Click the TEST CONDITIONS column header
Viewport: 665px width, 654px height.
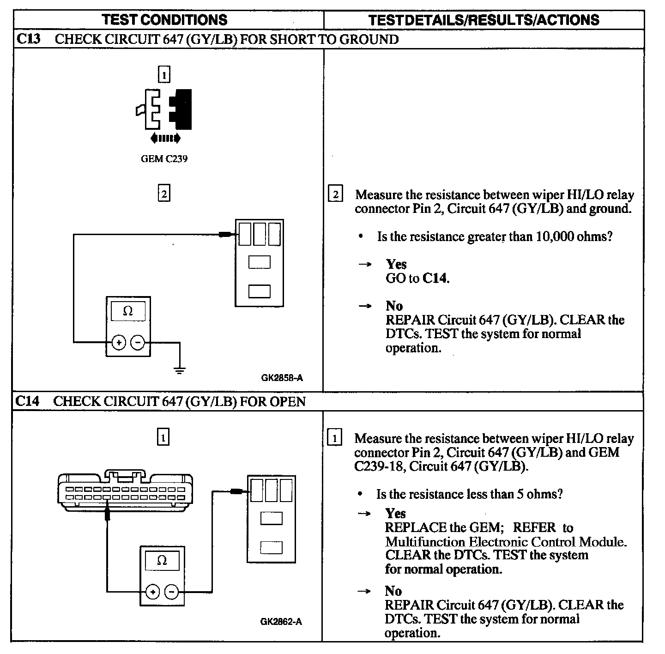click(164, 20)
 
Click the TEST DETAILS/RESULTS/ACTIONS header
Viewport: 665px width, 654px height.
click(484, 20)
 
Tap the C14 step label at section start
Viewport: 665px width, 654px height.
click(27, 401)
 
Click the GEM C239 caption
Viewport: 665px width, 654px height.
click(164, 159)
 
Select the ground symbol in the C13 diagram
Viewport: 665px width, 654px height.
click(180, 369)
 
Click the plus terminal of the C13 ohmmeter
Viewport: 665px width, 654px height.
click(119, 343)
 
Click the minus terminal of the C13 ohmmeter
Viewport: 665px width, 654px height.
click(138, 343)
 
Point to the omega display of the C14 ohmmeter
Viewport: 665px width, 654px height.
click(162, 561)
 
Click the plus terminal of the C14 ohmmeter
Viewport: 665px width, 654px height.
click(153, 592)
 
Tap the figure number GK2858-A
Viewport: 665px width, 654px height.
click(282, 378)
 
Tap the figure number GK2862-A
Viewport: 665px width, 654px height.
click(281, 622)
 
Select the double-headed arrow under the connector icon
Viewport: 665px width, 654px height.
click(165, 138)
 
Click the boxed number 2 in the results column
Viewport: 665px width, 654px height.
click(335, 194)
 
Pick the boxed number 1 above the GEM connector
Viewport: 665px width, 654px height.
click(163, 437)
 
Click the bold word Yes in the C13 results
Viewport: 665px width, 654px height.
click(396, 264)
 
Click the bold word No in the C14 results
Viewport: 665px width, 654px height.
click(393, 591)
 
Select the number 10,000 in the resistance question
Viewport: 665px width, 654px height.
click(554, 236)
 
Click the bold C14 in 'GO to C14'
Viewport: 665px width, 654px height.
click(435, 279)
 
